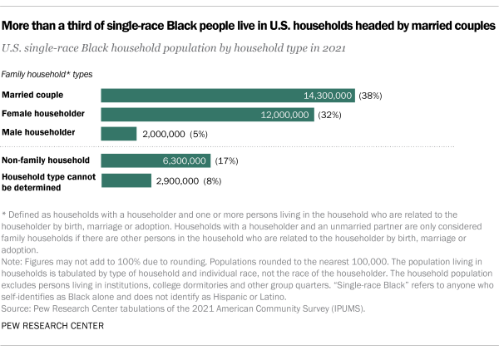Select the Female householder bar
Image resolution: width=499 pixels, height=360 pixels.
tap(200, 114)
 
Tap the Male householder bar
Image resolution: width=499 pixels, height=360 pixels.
tap(118, 133)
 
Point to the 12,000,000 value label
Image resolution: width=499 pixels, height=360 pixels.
tap(285, 114)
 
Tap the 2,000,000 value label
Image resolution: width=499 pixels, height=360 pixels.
tap(165, 133)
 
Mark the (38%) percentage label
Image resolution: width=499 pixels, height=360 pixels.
tap(370, 95)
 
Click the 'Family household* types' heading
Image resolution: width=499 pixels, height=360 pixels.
tap(47, 74)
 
